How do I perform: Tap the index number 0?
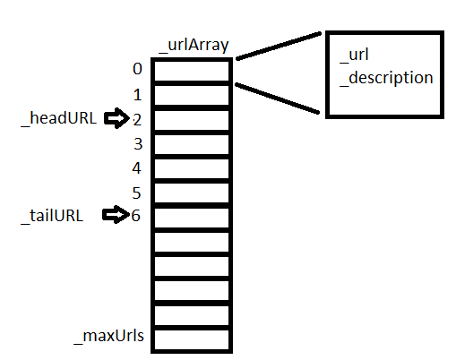(136, 69)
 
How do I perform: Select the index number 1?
(136, 94)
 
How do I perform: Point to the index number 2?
(136, 118)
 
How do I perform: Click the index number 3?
(136, 143)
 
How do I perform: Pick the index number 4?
(136, 167)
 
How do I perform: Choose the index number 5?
(136, 192)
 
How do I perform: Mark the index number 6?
(136, 216)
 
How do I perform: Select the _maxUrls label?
(109, 338)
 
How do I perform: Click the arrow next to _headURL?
(116, 118)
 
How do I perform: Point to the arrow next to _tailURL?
(116, 216)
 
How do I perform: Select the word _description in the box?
(386, 78)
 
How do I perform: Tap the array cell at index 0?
(192, 72)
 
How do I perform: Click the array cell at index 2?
(192, 121)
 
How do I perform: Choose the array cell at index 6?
(192, 218)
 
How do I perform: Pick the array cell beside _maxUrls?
(192, 339)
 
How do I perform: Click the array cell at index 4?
(192, 169)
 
